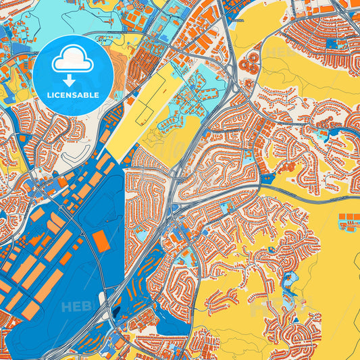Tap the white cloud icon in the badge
[73, 61]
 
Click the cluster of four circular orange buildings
[250, 63]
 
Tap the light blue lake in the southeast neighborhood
[293, 279]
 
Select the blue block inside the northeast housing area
[330, 45]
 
